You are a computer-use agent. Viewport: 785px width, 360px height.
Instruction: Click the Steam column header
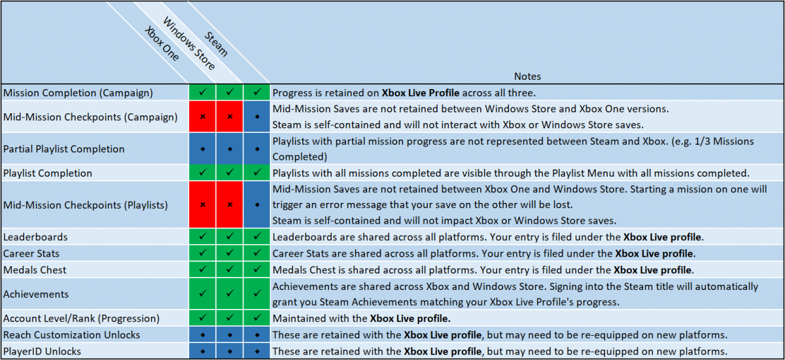click(x=217, y=44)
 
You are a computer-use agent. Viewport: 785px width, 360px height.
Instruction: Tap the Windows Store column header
click(x=189, y=43)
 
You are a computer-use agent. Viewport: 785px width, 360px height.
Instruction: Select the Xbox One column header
click(x=162, y=43)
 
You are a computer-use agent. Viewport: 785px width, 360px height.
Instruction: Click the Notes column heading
click(x=527, y=77)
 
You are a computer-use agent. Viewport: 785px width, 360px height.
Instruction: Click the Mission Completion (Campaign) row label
click(x=78, y=93)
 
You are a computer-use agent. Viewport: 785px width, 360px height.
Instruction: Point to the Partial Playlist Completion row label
click(x=64, y=149)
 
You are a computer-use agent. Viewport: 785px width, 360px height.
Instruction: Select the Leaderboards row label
click(x=35, y=237)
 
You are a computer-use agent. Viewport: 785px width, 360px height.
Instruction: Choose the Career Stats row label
click(x=31, y=253)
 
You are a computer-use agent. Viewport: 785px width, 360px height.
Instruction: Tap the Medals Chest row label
click(x=35, y=270)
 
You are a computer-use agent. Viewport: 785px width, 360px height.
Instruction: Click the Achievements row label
click(x=36, y=294)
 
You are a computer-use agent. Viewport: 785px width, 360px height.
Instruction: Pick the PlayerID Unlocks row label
click(x=42, y=351)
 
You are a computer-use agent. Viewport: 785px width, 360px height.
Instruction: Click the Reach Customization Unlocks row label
click(x=71, y=334)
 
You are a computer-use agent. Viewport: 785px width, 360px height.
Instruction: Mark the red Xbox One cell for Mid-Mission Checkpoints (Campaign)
click(x=203, y=117)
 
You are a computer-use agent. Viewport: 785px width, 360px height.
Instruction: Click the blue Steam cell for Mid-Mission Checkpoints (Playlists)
click(x=257, y=205)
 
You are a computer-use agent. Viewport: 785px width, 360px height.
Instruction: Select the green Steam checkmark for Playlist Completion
click(x=257, y=172)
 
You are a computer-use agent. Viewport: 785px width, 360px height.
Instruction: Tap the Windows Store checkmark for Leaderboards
click(x=230, y=236)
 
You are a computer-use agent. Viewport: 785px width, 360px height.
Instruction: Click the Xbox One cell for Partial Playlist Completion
click(x=203, y=149)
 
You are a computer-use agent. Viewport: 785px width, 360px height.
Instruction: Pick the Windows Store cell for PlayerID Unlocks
click(x=230, y=351)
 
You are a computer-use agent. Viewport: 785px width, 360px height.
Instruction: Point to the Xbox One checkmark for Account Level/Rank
click(x=203, y=317)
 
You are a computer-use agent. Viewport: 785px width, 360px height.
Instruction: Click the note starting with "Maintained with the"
click(x=361, y=318)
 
